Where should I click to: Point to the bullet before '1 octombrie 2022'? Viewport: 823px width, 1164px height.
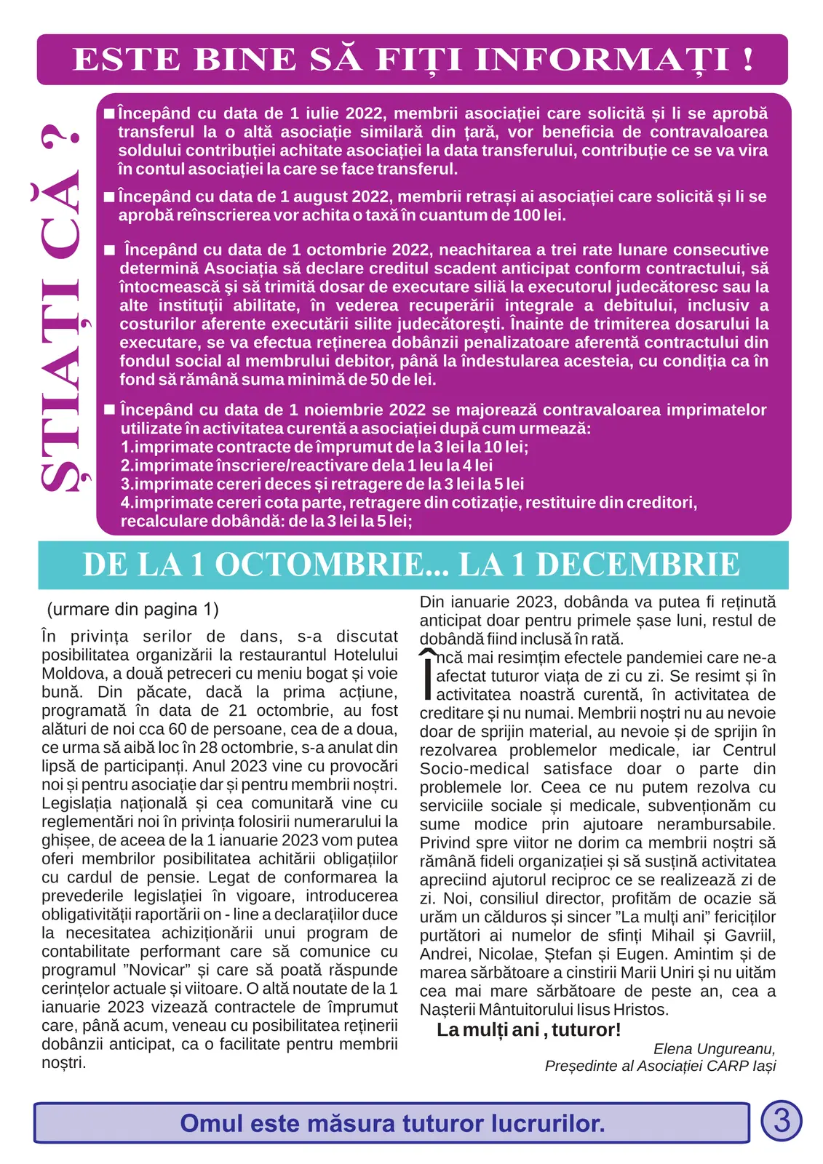click(110, 250)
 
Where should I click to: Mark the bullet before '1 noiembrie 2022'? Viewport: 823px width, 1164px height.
click(110, 410)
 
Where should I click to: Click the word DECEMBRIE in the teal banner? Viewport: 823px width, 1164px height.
click(637, 565)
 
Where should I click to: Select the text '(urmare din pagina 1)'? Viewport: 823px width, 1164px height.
click(132, 610)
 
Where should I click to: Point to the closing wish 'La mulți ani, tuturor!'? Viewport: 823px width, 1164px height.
click(528, 1030)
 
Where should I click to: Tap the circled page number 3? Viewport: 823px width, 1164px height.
click(781, 1120)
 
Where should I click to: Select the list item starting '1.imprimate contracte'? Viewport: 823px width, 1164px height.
click(325, 447)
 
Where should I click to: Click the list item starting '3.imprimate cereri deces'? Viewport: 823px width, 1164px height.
click(322, 485)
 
